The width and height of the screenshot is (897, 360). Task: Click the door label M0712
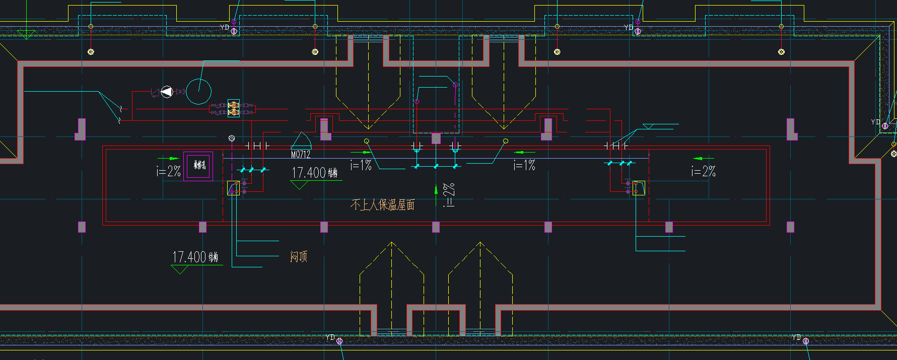click(x=301, y=155)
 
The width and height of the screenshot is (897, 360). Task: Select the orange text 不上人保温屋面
click(x=383, y=204)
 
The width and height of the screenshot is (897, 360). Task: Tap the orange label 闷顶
click(x=298, y=257)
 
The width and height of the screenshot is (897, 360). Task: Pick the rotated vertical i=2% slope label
click(x=449, y=195)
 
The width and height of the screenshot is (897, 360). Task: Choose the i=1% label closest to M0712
click(x=361, y=165)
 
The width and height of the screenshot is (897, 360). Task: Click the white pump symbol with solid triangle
click(x=167, y=92)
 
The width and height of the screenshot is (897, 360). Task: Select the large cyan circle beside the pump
click(x=198, y=91)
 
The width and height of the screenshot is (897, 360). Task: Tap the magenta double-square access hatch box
click(x=198, y=166)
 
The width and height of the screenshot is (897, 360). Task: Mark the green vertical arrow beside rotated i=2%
click(x=436, y=190)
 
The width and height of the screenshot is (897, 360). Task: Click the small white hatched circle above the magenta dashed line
click(x=232, y=138)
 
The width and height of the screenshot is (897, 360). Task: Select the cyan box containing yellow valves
click(x=233, y=108)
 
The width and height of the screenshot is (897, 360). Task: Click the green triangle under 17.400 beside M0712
click(x=299, y=185)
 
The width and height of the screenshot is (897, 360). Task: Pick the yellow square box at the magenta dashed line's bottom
click(x=233, y=188)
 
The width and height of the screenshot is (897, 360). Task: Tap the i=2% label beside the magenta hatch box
click(x=168, y=171)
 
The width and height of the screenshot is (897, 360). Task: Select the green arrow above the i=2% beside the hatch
click(x=168, y=159)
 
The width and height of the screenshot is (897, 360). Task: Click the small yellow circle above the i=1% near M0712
click(x=367, y=141)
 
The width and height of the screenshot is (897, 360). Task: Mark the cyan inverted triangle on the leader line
click(x=648, y=126)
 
